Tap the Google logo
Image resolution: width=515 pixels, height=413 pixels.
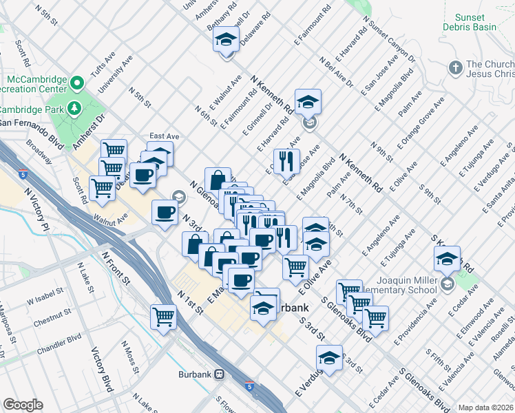(23, 405)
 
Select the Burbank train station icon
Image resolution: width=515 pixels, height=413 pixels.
(220, 374)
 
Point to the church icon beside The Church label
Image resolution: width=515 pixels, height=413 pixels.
(454, 67)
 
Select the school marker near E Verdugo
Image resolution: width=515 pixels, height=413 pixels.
(329, 357)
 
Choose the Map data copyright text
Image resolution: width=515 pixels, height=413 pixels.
(486, 407)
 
